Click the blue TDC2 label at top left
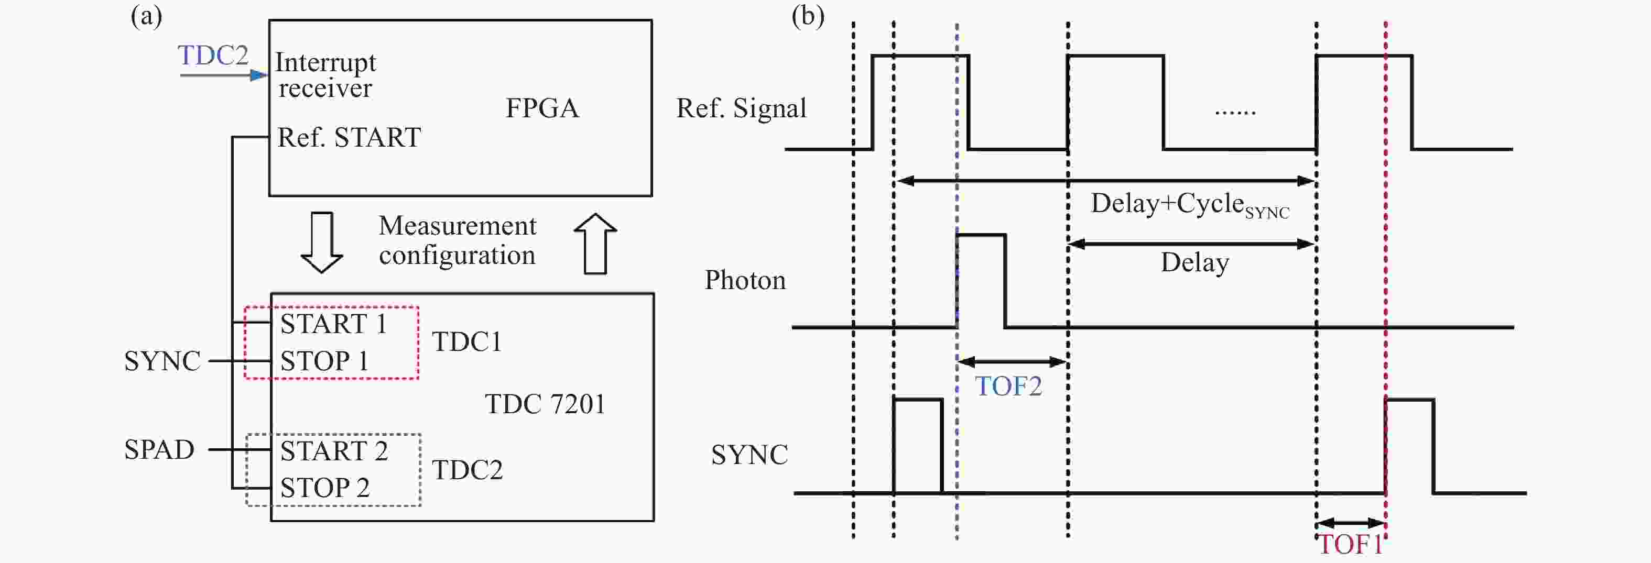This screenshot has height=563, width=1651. click(x=213, y=56)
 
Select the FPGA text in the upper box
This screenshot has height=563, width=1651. click(x=542, y=108)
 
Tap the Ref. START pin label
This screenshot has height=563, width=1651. click(x=349, y=138)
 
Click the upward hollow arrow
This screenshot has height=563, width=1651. click(x=595, y=244)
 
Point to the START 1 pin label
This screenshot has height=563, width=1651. click(x=334, y=324)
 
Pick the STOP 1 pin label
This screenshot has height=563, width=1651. click(x=324, y=361)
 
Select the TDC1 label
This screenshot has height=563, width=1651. click(x=467, y=342)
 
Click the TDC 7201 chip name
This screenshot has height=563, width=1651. click(x=545, y=404)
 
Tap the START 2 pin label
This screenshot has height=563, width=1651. click(x=334, y=451)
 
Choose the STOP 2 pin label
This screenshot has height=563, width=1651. click(x=325, y=488)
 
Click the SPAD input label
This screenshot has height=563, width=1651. click(x=159, y=450)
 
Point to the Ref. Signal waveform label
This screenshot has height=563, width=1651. click(x=742, y=108)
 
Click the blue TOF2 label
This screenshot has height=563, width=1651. click(x=1008, y=386)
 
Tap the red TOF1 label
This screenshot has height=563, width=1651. click(x=1350, y=545)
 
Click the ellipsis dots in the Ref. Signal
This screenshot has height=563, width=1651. click(x=1235, y=113)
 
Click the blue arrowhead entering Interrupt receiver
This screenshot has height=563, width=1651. click(x=259, y=75)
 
